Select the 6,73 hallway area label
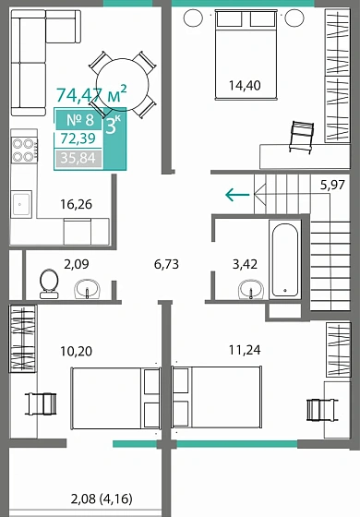pos(166,263)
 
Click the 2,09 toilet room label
pos(77,263)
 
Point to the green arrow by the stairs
pos(237,194)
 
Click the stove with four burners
pos(23,150)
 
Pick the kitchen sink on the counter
pos(22,202)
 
